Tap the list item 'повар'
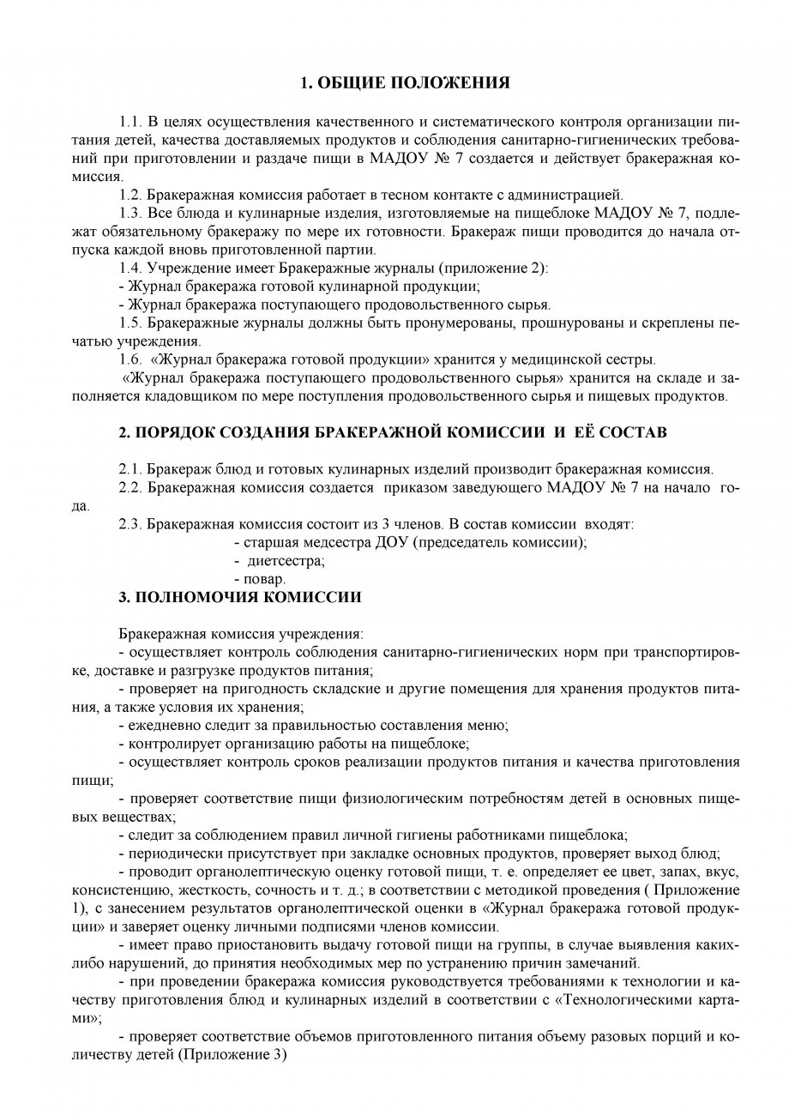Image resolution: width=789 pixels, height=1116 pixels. (x=264, y=579)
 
